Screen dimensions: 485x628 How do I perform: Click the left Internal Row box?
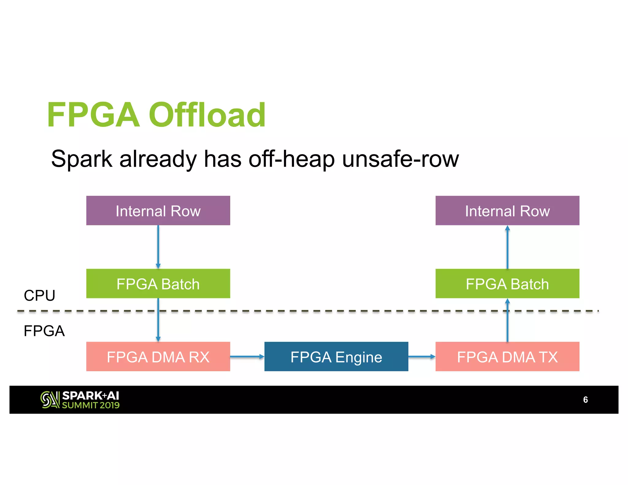[158, 211]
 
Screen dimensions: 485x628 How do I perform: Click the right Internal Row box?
[507, 211]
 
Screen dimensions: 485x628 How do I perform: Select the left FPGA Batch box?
[158, 284]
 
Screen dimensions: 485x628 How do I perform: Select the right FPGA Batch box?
[507, 284]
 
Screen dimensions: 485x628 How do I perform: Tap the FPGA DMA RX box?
[158, 357]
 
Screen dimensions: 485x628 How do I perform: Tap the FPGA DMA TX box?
[507, 357]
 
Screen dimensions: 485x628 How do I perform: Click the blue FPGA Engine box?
[336, 357]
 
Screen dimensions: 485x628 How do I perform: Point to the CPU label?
[39, 296]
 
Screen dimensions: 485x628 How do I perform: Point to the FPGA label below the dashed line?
[44, 331]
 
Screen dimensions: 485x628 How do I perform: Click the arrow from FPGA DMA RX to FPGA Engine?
[247, 357]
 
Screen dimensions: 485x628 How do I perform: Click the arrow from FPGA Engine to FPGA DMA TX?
[422, 357]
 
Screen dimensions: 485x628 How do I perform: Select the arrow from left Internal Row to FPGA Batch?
[158, 247]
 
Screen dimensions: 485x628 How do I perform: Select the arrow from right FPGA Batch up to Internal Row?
[507, 247]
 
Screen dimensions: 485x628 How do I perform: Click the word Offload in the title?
[207, 115]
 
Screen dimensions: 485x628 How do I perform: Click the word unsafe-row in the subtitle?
[400, 159]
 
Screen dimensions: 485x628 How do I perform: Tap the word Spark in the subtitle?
[82, 159]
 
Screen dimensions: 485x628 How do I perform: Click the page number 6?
[585, 400]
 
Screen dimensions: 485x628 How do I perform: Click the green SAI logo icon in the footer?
[50, 400]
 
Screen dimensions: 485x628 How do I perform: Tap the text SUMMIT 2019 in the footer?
[91, 405]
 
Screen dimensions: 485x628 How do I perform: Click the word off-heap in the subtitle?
[291, 159]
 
